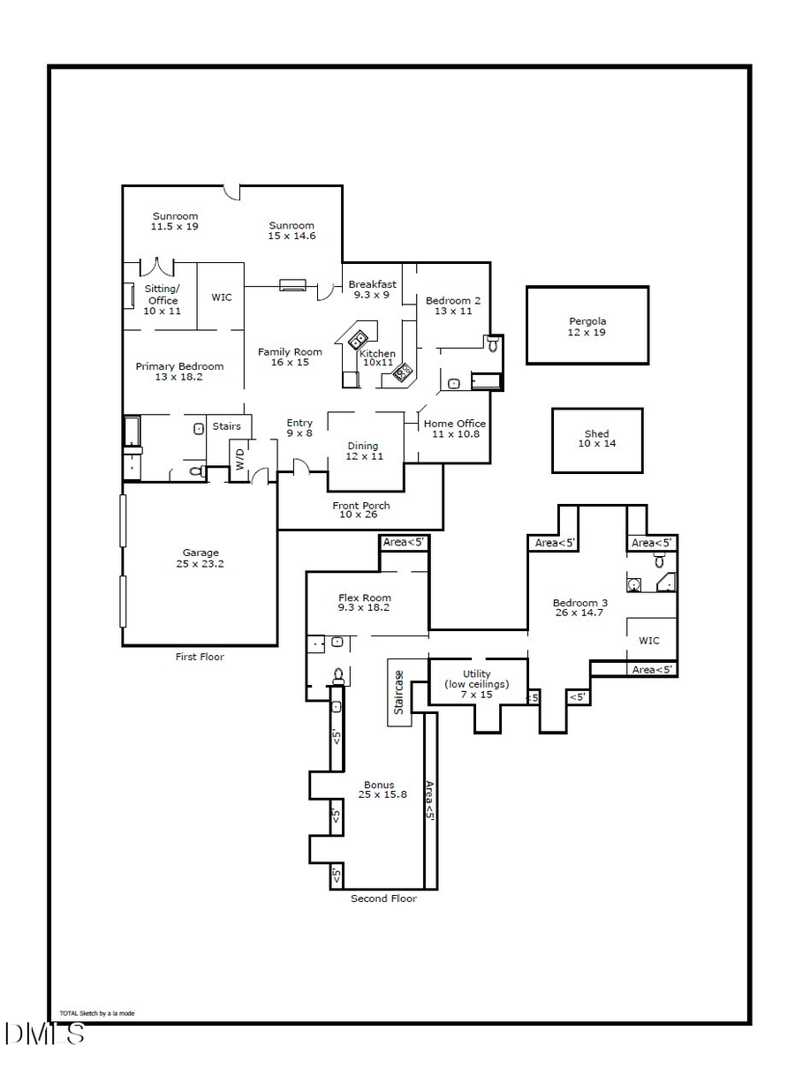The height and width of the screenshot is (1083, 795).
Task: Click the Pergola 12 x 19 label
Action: pyautogui.click(x=587, y=327)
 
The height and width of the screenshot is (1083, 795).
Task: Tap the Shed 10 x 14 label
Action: pyautogui.click(x=597, y=439)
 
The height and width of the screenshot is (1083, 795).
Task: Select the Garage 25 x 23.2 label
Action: pyautogui.click(x=201, y=558)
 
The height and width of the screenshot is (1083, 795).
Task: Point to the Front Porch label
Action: pyautogui.click(x=361, y=509)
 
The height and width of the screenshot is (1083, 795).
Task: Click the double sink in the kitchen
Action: pyautogui.click(x=359, y=341)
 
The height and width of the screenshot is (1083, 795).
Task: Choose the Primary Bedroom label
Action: pyautogui.click(x=179, y=372)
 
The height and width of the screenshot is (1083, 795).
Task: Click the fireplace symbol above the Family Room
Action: pyautogui.click(x=292, y=285)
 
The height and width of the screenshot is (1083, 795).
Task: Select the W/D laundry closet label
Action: pyautogui.click(x=238, y=459)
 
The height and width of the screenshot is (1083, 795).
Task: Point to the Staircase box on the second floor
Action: pyautogui.click(x=399, y=692)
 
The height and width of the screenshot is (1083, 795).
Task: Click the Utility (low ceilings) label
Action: pyautogui.click(x=476, y=684)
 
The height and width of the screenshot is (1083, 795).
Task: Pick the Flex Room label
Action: pyautogui.click(x=364, y=603)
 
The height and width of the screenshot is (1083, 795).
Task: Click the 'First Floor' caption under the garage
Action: pyautogui.click(x=200, y=657)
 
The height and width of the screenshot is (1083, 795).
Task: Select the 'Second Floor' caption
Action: pyautogui.click(x=383, y=899)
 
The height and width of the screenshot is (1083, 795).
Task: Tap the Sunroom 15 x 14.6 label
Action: pyautogui.click(x=291, y=230)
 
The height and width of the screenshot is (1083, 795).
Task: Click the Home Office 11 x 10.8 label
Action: pyautogui.click(x=454, y=429)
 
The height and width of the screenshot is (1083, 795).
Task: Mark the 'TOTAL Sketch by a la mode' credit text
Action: pyautogui.click(x=97, y=1013)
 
